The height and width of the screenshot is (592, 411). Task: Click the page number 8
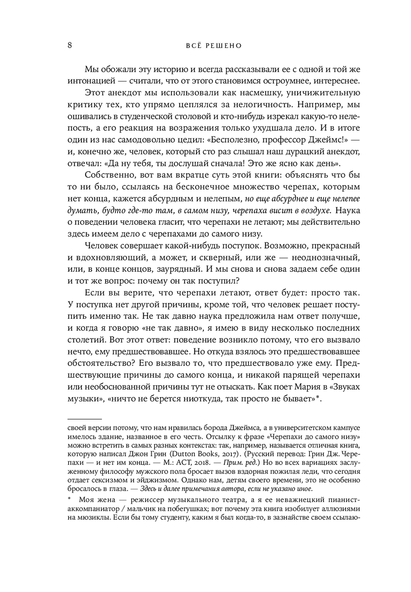click(x=70, y=45)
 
